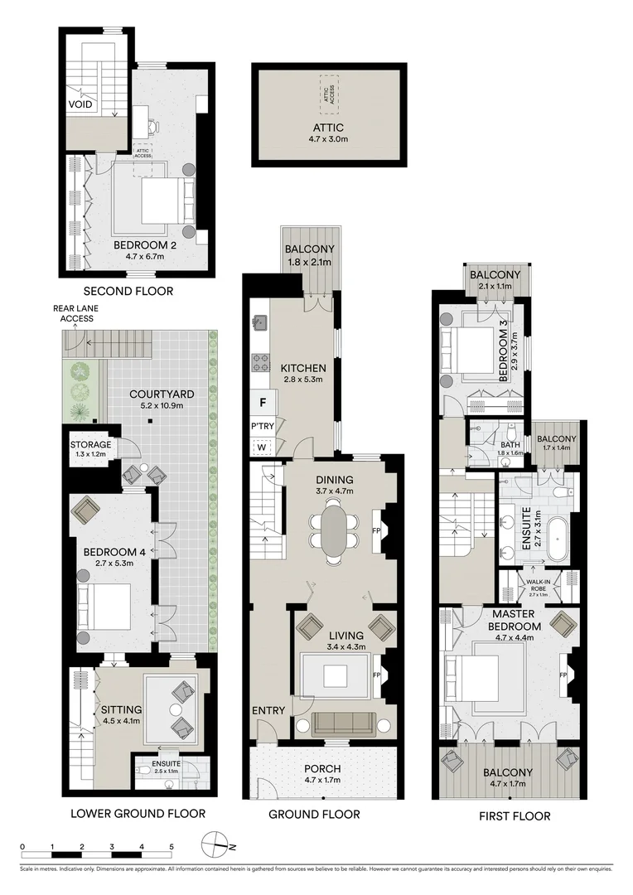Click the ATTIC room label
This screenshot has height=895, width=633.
click(328, 127)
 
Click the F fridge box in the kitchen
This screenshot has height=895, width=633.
click(263, 403)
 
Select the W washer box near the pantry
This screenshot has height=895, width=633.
click(263, 447)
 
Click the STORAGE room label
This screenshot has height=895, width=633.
click(90, 445)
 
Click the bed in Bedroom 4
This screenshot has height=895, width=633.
click(104, 607)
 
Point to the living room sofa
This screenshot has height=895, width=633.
click(343, 723)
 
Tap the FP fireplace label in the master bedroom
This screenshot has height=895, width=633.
click(563, 675)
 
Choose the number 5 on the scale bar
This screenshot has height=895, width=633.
click(172, 846)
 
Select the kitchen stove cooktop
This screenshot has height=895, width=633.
click(260, 361)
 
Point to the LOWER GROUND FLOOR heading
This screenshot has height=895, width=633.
click(134, 813)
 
